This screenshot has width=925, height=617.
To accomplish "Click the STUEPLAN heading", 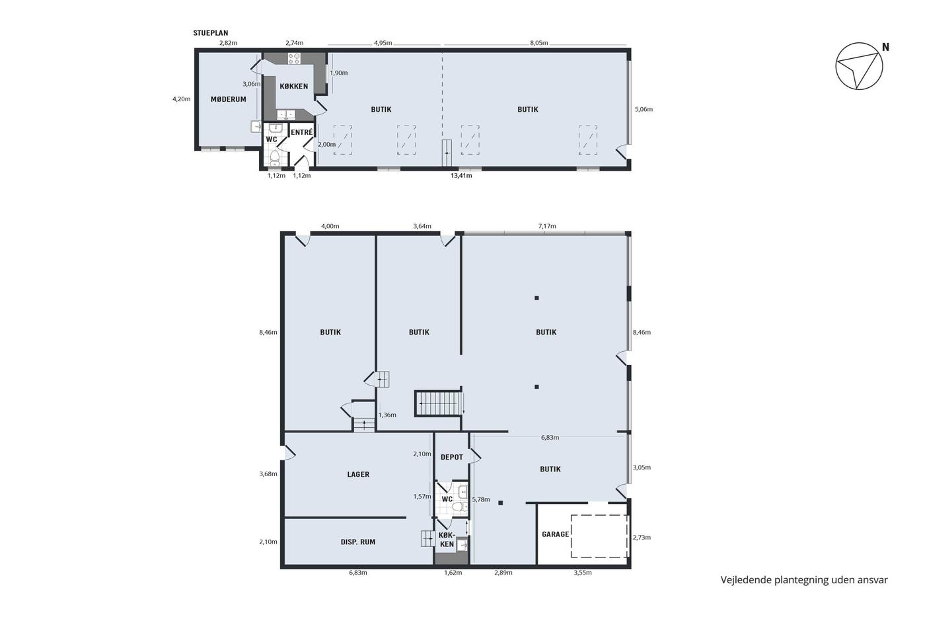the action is point(211,33).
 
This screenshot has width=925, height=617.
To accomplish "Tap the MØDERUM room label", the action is point(229,99).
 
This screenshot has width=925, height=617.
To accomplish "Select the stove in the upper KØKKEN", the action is point(294,58).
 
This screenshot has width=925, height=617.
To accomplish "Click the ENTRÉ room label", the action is point(302,132).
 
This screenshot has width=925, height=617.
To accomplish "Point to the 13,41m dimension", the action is point(461,176).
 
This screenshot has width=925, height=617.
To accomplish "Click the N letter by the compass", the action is point(885,48).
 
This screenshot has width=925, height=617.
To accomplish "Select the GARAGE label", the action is point(556,534).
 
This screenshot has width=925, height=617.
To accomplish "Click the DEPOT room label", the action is point(452,457).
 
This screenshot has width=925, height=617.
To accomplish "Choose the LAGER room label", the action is point(358,474).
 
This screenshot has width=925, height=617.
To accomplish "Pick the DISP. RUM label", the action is point(358,542).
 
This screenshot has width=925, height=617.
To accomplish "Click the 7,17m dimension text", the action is point(547,226).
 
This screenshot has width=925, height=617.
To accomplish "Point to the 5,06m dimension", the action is point(644,110).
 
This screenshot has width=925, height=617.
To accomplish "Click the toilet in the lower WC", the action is point(459,507).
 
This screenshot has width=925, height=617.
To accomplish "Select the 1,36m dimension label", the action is point(387,415).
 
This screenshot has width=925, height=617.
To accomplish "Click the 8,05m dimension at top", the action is point(539,43).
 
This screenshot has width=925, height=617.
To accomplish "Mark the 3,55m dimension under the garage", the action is point(583,573).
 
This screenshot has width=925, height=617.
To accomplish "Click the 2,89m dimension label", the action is point(503,573).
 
